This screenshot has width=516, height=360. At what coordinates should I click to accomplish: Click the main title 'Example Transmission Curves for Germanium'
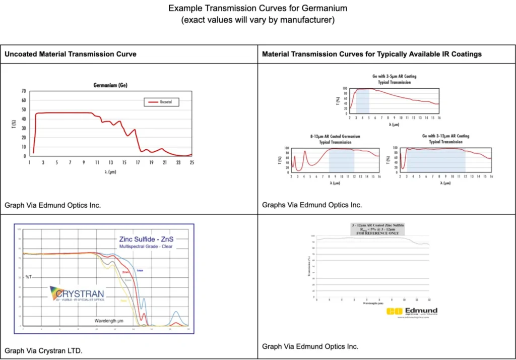pyautogui.click(x=257, y=9)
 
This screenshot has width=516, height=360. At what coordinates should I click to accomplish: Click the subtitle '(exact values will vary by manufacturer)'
pyautogui.click(x=257, y=20)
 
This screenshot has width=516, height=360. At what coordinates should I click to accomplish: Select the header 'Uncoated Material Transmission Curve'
pyautogui.click(x=71, y=54)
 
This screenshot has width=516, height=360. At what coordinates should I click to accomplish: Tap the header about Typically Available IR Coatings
pyautogui.click(x=372, y=54)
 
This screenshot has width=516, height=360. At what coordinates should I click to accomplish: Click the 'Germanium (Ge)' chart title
pyautogui.click(x=110, y=85)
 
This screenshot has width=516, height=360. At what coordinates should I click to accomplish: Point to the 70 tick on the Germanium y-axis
pyautogui.click(x=24, y=91)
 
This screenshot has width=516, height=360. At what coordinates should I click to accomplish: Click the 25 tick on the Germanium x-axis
pyautogui.click(x=191, y=162)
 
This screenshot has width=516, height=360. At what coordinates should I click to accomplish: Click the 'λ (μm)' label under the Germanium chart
pyautogui.click(x=110, y=171)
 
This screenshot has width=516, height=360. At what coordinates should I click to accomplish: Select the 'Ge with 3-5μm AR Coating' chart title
pyautogui.click(x=391, y=77)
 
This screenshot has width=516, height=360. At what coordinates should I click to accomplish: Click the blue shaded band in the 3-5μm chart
pyautogui.click(x=362, y=101)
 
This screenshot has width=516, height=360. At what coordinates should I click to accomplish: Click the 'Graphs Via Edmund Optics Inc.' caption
pyautogui.click(x=312, y=205)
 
